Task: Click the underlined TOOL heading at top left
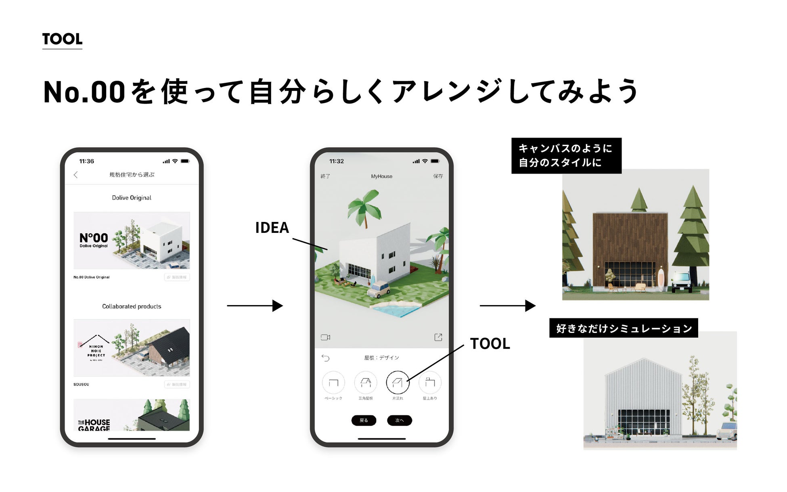62,39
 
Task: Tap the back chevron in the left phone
76,175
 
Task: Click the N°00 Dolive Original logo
94,240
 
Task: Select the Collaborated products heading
132,306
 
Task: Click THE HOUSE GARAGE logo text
94,425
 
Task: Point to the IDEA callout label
272,228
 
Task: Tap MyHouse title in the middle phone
381,176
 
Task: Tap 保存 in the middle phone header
438,176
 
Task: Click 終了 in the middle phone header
325,176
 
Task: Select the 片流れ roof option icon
398,382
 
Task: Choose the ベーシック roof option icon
333,382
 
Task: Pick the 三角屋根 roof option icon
366,382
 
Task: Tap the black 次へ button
399,420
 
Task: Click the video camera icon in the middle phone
325,337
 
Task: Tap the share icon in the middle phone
438,337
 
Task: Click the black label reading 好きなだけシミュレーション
624,328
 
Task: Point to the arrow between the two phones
255,306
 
